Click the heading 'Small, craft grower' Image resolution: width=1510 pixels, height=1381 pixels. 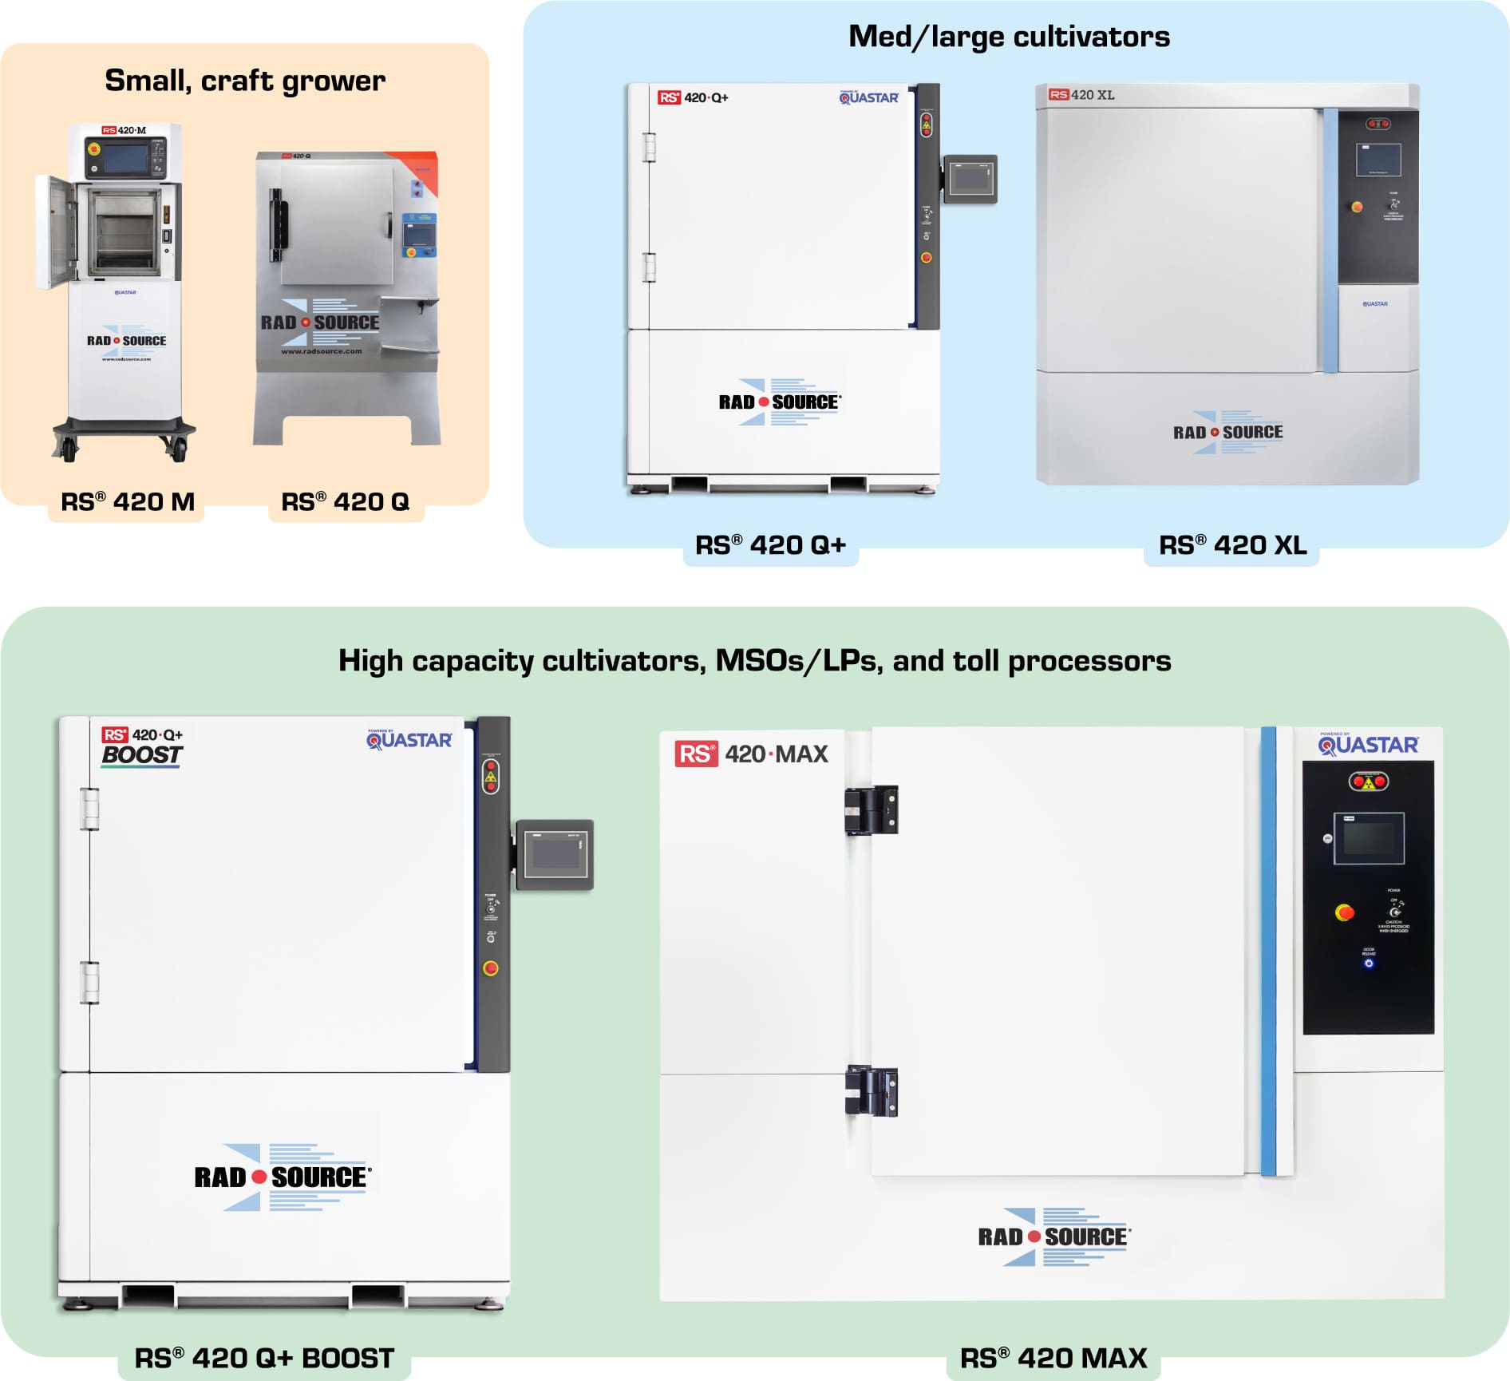point(245,81)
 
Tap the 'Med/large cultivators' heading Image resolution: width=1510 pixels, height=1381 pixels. point(1009,37)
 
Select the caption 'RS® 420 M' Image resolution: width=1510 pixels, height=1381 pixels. point(128,502)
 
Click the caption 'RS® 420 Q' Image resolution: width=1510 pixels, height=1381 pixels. point(345,502)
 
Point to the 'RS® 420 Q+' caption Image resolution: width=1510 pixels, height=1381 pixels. point(770,545)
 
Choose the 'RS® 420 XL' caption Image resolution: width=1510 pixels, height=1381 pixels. point(1232,545)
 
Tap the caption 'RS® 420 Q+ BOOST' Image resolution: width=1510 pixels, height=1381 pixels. point(264,1358)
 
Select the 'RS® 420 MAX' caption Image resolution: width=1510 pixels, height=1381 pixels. point(1053,1358)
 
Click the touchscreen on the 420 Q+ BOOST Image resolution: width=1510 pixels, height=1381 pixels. point(555,854)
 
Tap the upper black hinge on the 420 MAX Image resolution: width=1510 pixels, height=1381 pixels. point(872,809)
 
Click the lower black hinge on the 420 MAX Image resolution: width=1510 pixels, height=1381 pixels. point(872,1090)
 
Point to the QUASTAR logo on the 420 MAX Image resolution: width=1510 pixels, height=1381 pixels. point(1368,745)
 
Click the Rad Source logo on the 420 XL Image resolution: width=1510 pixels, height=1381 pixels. point(1227,433)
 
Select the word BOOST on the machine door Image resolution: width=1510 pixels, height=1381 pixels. point(142,755)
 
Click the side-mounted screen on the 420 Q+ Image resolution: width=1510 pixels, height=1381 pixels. point(971,179)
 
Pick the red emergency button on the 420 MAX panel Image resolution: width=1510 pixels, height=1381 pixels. point(1345,912)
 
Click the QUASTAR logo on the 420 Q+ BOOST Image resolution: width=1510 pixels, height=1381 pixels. point(409,740)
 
